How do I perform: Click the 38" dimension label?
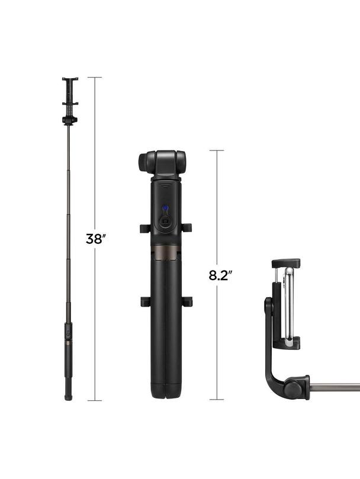click(96, 239)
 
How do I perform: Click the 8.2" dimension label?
click(220, 275)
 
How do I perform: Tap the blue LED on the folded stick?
click(166, 208)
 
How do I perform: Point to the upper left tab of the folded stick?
click(146, 228)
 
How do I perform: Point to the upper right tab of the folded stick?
click(187, 228)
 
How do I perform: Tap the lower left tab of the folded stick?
click(146, 301)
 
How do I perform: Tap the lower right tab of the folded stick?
click(187, 301)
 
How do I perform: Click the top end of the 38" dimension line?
click(95, 78)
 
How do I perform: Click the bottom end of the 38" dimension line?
click(95, 400)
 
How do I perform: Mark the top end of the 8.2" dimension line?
click(217, 150)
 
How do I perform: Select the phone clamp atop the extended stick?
click(70, 95)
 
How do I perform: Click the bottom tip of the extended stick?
click(69, 397)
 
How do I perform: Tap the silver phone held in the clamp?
click(288, 305)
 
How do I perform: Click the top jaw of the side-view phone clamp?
click(285, 263)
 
